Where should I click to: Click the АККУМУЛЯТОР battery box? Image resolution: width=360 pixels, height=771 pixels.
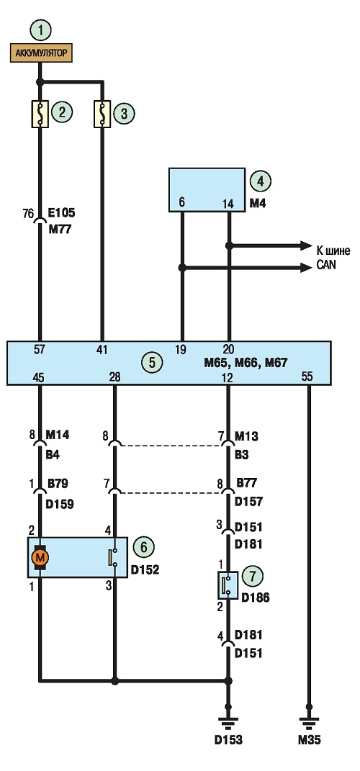pos(41,53)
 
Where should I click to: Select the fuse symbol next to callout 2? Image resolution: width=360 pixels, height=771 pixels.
pos(40,114)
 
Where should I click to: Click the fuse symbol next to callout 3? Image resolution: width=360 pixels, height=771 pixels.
pos(102,114)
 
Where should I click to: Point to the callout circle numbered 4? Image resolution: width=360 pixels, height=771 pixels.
pos(261,181)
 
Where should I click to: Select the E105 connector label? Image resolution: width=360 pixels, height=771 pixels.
pos(61,214)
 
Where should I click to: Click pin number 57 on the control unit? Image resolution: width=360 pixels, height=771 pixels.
pos(40,351)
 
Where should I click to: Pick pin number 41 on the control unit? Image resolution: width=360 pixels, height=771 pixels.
pos(102,351)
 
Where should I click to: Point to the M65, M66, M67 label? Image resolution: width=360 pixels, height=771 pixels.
pos(245,364)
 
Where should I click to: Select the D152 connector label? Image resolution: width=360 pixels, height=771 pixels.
pos(145,570)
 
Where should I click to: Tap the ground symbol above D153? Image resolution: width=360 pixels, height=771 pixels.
pos(228,723)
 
